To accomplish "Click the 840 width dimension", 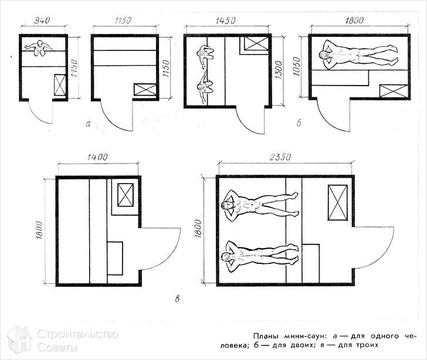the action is click(42, 21).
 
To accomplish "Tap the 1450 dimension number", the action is click(226, 21).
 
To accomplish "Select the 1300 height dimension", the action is click(279, 70).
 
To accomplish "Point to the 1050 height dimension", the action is click(297, 66).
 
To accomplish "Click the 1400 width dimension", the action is click(97, 157).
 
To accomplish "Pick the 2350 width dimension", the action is click(280, 157).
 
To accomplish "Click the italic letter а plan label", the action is click(88, 124).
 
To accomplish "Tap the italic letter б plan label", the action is click(299, 123).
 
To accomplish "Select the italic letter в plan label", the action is click(177, 298).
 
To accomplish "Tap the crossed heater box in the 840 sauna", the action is click(60, 84).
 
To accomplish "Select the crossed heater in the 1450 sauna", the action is click(256, 43).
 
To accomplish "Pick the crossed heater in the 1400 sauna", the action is click(126, 195).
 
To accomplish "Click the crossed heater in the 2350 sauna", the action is click(338, 202).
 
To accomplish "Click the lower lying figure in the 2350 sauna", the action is click(260, 256).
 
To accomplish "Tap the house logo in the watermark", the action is click(19, 339).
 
